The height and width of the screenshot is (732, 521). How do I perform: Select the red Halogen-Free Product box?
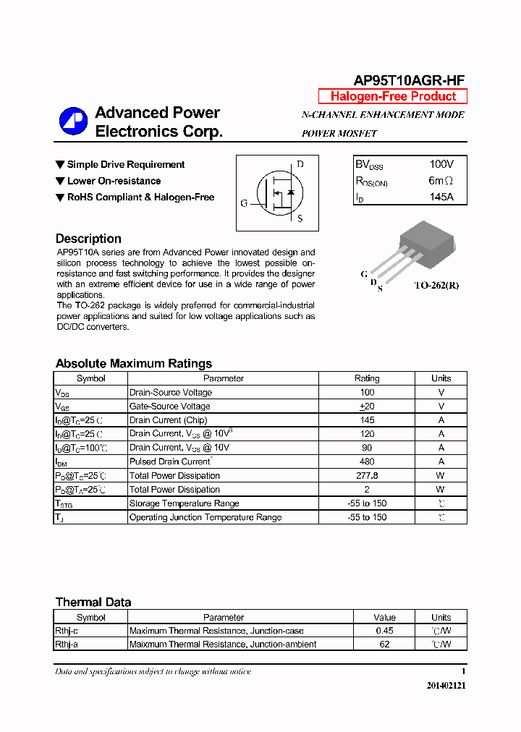393,97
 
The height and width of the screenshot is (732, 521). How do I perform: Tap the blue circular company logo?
73,122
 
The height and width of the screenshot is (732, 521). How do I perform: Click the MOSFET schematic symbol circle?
277,192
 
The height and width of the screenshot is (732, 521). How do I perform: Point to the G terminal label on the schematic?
244,203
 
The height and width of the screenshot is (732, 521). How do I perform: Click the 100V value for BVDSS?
441,164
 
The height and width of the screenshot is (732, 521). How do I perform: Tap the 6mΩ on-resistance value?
441,181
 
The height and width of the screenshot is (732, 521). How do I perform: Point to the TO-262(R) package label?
436,285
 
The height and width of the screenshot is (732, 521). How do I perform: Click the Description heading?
88,239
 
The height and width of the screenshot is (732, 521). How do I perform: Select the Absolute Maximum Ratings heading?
134,364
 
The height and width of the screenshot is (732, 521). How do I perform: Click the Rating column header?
367,378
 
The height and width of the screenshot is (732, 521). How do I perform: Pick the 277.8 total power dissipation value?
367,476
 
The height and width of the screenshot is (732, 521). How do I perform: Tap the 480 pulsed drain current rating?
367,461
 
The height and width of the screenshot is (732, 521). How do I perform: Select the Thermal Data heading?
93,603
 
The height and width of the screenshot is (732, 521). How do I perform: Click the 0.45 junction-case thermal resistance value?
384,631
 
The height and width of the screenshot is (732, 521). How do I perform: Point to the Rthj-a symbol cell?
67,644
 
